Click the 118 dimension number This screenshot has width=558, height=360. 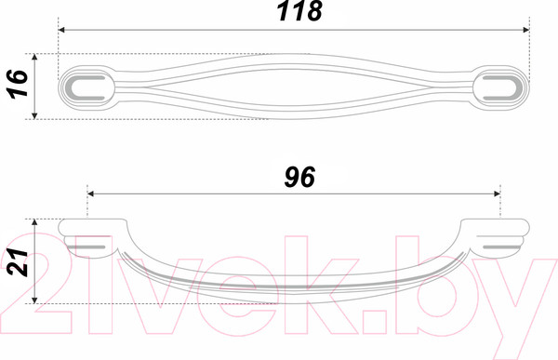tap(299, 11)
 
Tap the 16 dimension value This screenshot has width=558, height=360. tap(18, 84)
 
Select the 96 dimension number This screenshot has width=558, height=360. tap(299, 177)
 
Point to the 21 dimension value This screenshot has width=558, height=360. tap(18, 262)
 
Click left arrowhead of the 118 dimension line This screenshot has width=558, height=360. tap(61, 30)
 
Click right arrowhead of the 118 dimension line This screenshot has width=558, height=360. tap(526, 30)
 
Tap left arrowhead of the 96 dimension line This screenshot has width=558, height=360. tap(90, 193)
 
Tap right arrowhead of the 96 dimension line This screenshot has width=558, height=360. tap(498, 193)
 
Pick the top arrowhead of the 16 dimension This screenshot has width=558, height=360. tap(34, 58)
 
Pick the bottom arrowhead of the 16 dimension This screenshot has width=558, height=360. tap(34, 115)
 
